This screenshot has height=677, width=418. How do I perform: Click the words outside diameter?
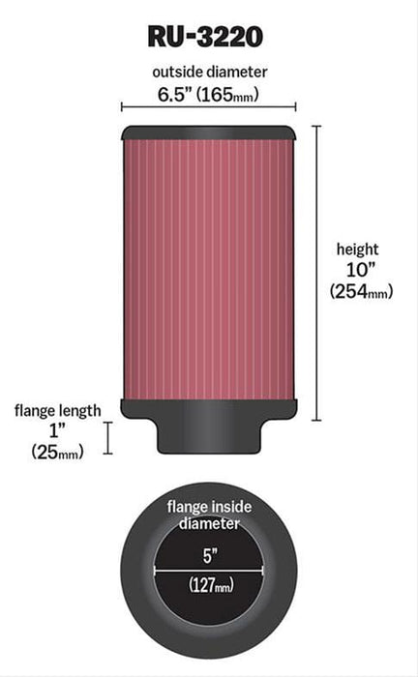tap(209, 72)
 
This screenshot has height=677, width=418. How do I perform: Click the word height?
tap(358, 249)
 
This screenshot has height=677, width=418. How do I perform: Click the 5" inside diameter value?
tap(209, 554)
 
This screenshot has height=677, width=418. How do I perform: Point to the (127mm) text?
tap(209, 584)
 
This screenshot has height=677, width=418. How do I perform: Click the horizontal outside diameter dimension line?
tap(208, 108)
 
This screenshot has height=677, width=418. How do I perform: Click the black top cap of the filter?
tap(208, 132)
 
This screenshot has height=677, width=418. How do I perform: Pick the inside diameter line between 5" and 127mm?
tap(209, 570)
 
